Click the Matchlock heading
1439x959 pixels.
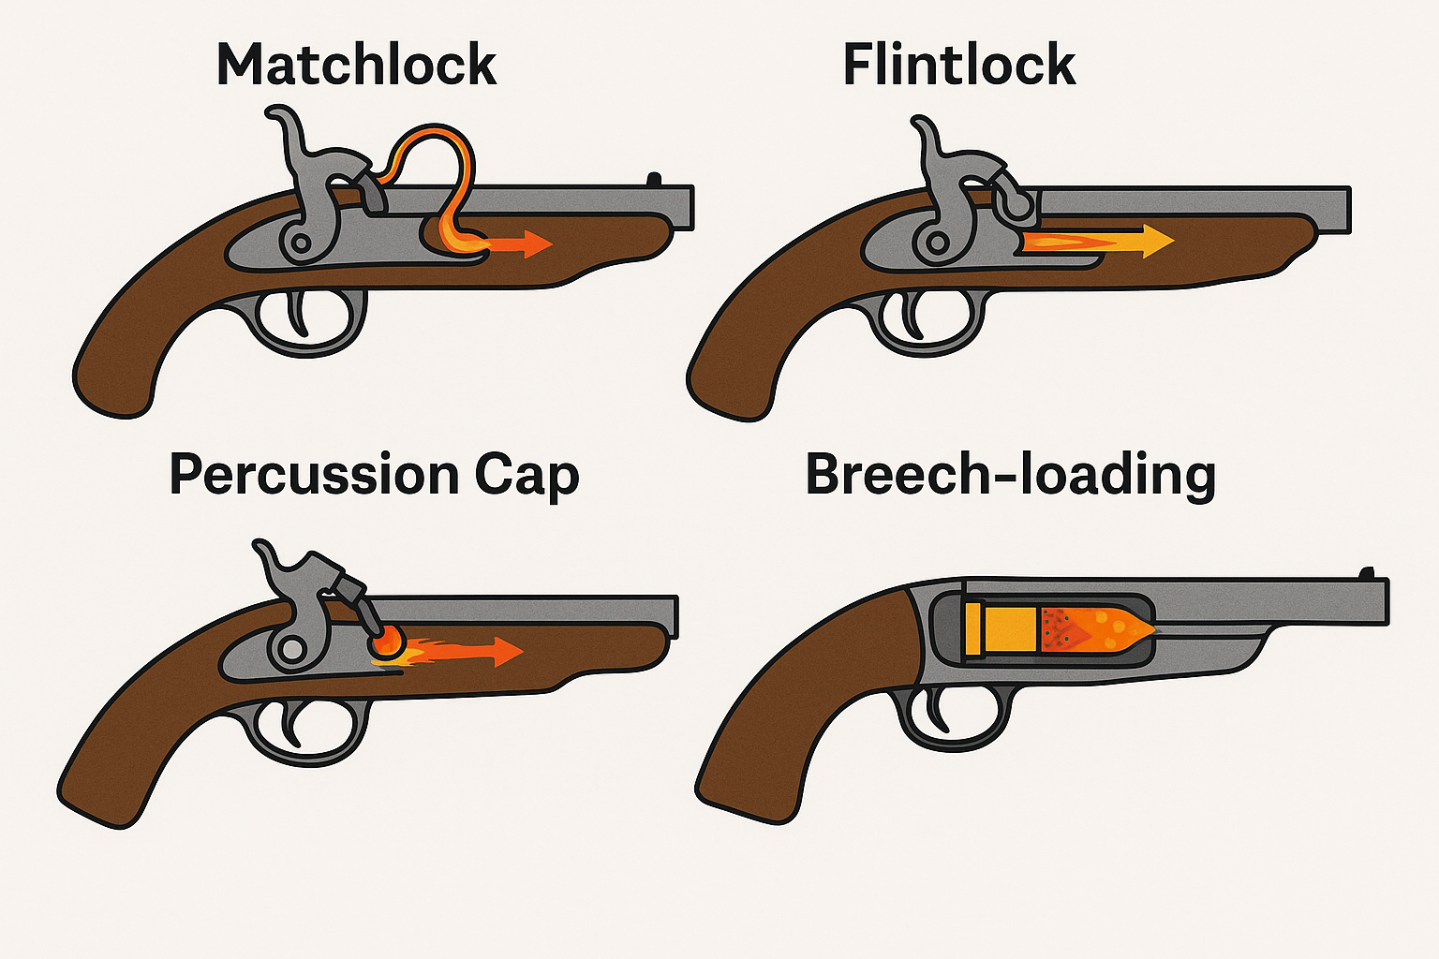(x=356, y=66)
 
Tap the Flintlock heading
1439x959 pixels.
(x=958, y=66)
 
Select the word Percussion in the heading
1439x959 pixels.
(x=314, y=476)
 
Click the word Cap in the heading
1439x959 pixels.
(x=527, y=476)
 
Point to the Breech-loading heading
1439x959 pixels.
(x=1010, y=476)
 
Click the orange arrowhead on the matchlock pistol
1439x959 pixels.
(x=536, y=243)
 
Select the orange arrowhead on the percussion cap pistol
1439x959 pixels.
(x=507, y=651)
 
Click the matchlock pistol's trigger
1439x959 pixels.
(x=300, y=314)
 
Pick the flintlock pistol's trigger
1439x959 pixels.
(x=913, y=314)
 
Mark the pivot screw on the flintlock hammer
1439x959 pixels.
(x=935, y=243)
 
